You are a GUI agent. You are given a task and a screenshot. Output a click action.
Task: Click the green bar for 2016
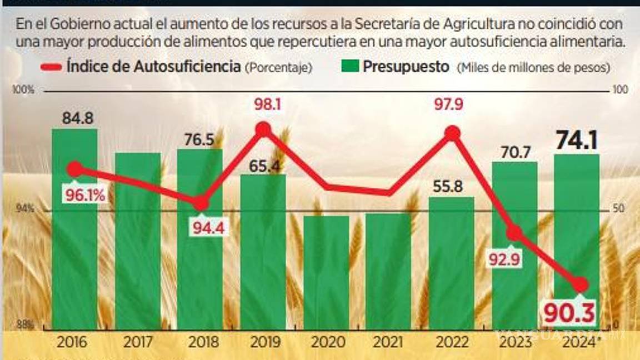74,250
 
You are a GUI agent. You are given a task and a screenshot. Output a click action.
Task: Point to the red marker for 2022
452,133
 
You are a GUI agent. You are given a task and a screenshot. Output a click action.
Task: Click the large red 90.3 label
569,313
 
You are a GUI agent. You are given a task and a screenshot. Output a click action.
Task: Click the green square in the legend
351,67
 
